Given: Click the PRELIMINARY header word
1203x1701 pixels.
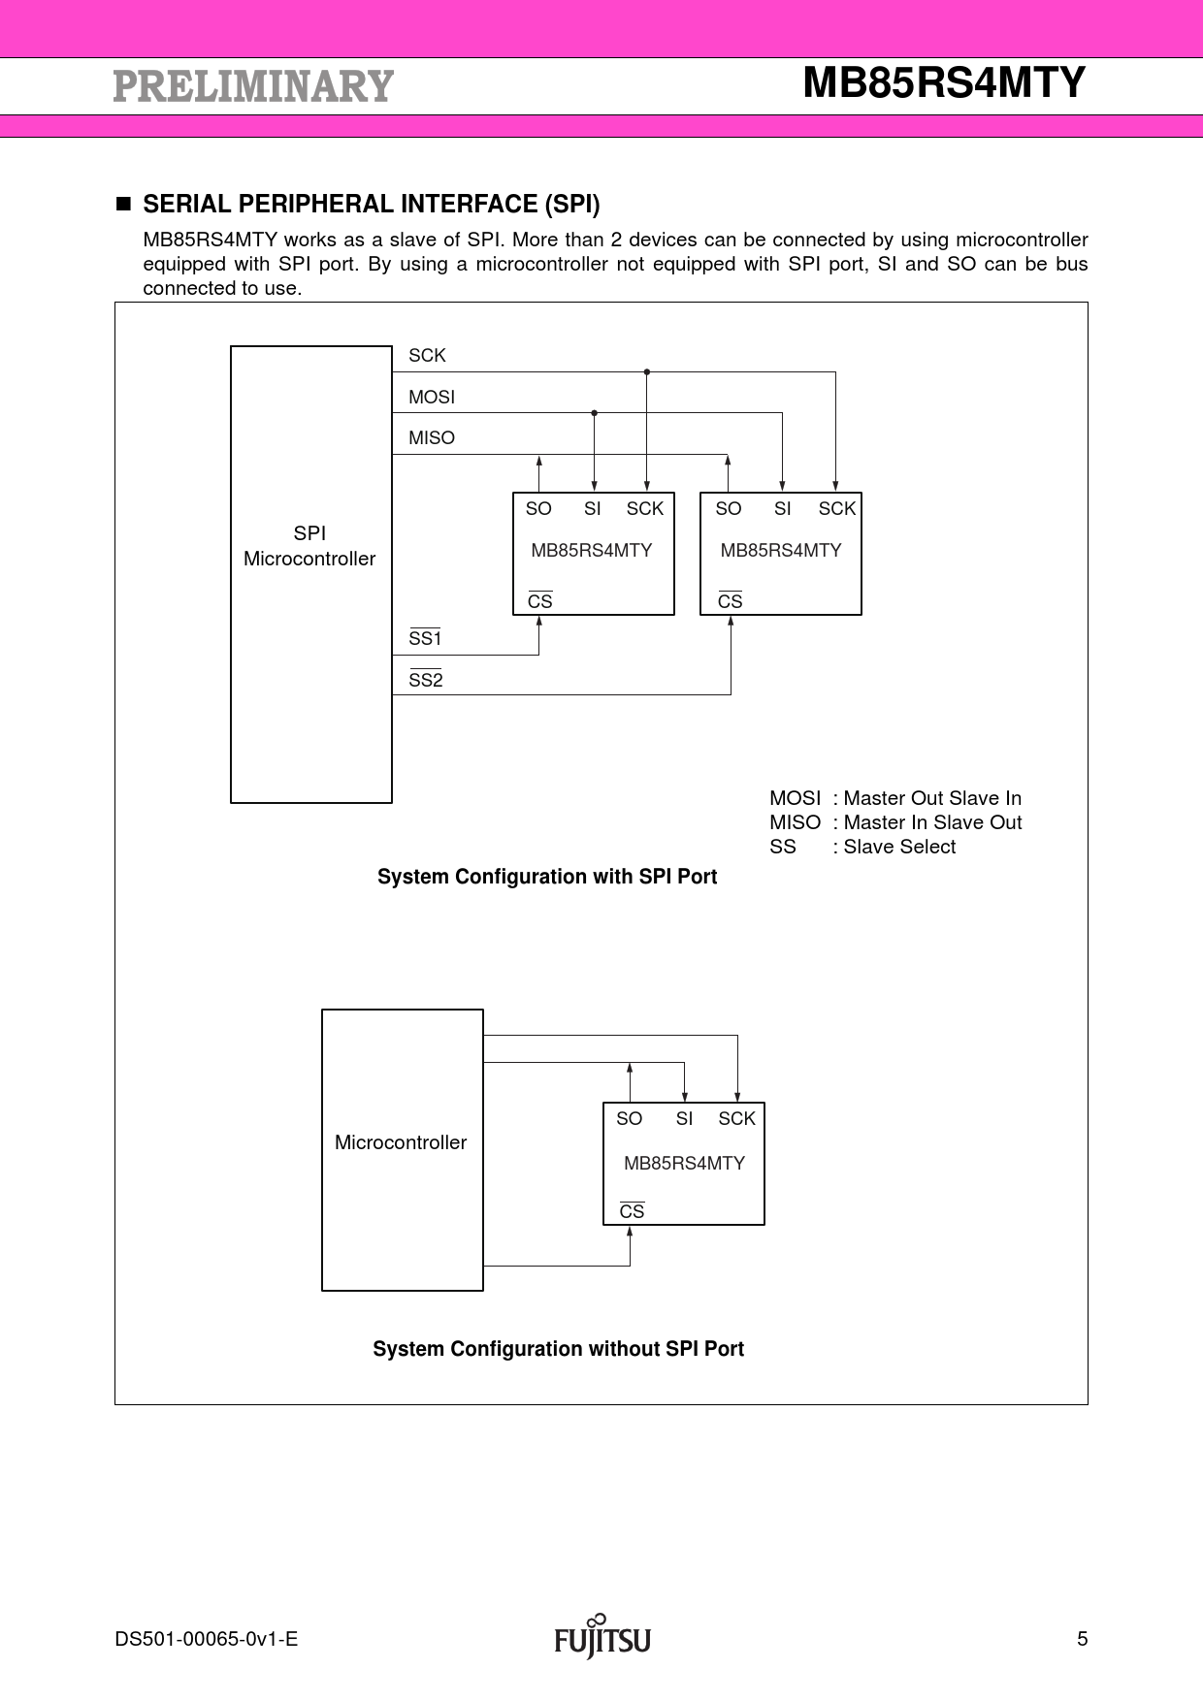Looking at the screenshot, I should (x=253, y=86).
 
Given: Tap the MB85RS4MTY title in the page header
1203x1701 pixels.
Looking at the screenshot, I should (x=943, y=83).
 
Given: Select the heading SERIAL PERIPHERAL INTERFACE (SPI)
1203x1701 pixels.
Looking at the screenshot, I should (x=371, y=205).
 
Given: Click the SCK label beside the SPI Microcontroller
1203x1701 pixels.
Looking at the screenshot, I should (x=427, y=356).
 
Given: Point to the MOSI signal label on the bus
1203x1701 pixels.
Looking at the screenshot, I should (x=431, y=398).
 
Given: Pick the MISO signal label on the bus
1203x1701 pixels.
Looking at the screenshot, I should (x=431, y=438).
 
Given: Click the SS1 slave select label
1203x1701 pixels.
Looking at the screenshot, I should (x=425, y=639).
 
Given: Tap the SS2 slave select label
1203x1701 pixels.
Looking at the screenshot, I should (x=425, y=681).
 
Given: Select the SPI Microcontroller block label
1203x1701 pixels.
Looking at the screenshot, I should (x=309, y=546).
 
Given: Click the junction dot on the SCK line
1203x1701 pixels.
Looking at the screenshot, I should (x=647, y=371).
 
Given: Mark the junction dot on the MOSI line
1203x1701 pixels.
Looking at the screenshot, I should (x=594, y=413).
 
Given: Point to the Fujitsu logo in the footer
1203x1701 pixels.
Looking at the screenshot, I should (x=602, y=1638).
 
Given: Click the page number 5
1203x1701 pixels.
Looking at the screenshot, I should (x=1082, y=1640).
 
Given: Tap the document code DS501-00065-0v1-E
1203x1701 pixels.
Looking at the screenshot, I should (x=206, y=1640).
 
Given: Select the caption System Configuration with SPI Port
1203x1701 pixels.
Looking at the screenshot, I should (x=547, y=877).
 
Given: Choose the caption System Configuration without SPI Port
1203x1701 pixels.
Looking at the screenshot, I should (x=558, y=1349).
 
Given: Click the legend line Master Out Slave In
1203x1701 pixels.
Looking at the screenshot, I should (x=894, y=798).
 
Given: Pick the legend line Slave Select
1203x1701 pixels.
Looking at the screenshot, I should (x=862, y=847).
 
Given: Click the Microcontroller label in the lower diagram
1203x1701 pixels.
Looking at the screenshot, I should (x=401, y=1142).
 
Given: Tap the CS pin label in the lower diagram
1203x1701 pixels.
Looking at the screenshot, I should (x=632, y=1212).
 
